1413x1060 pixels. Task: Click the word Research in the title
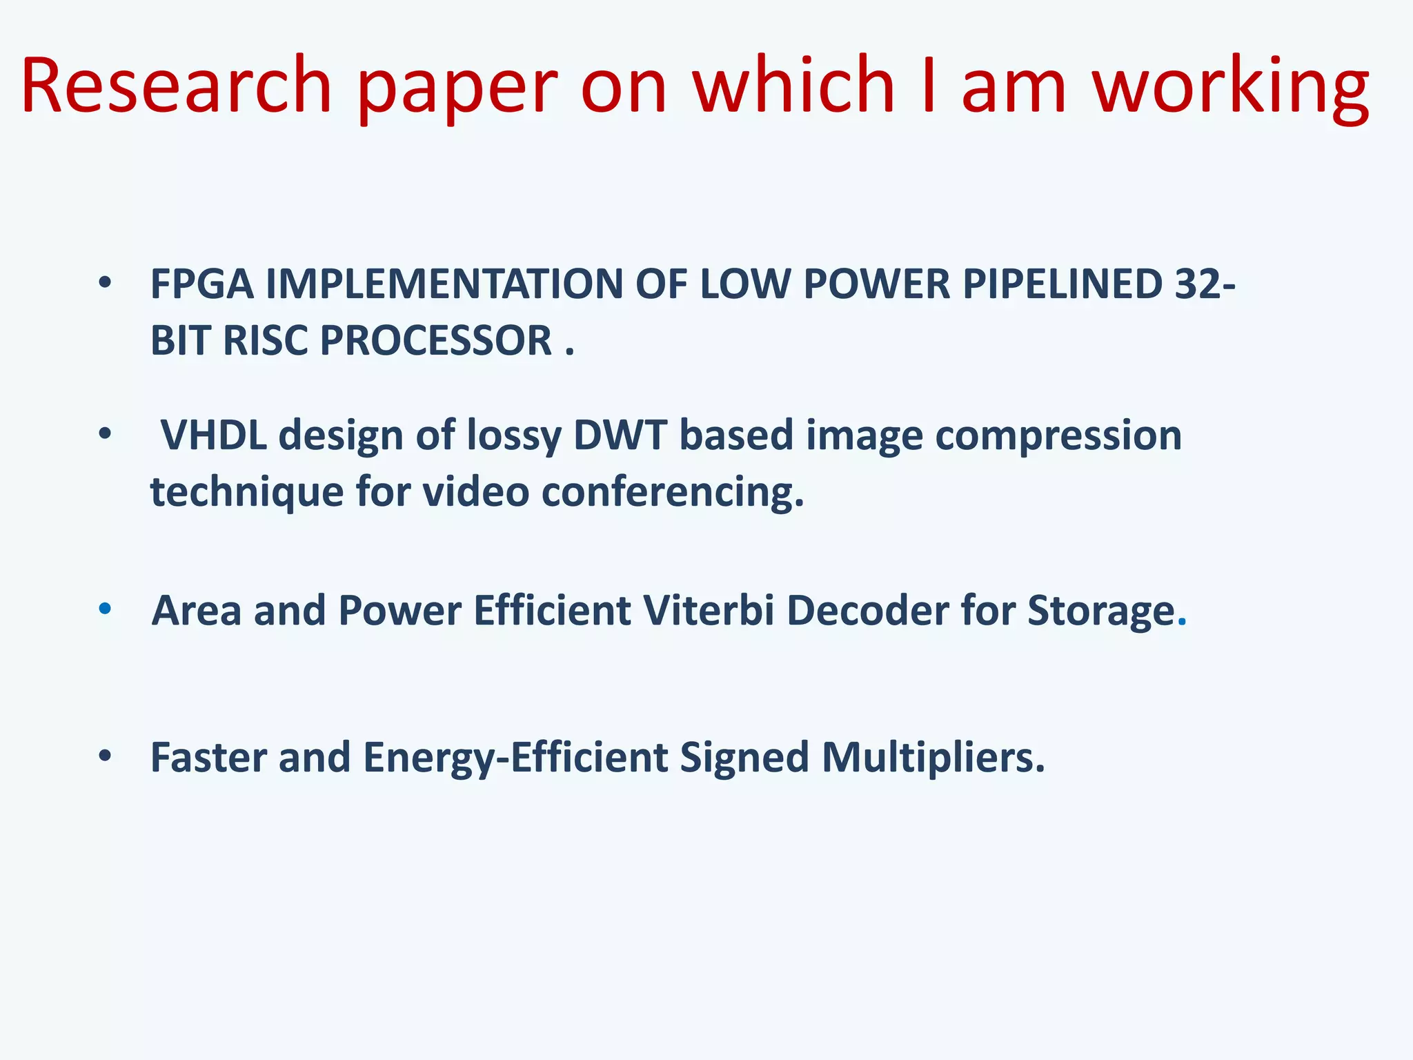[x=177, y=86]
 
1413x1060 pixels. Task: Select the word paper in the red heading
[x=457, y=90]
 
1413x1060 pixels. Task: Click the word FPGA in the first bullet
[x=201, y=284]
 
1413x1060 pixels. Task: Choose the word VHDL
[x=213, y=435]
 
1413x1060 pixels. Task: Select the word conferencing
[x=673, y=493]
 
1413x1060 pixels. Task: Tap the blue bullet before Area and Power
[x=105, y=609]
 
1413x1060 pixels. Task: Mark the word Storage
[x=1101, y=612]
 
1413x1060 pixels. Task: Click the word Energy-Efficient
[x=515, y=758]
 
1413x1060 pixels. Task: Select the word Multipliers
[x=933, y=758]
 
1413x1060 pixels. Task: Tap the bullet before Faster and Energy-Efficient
[x=105, y=756]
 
